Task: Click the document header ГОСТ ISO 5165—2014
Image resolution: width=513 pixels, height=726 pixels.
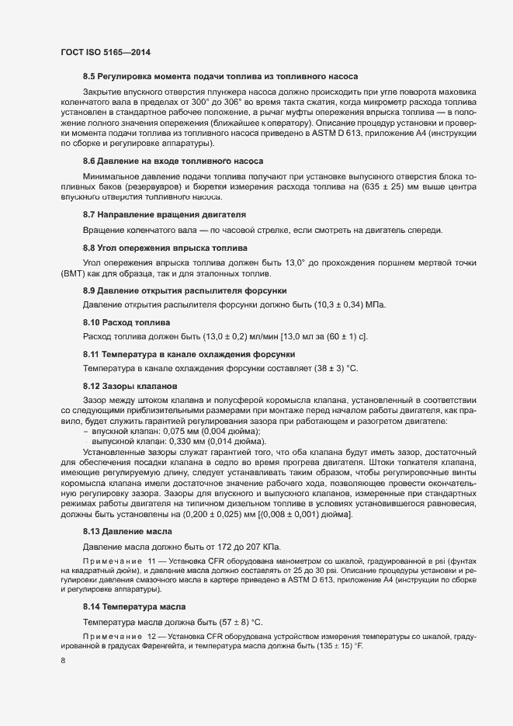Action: point(105,52)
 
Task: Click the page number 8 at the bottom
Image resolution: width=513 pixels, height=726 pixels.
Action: point(62,661)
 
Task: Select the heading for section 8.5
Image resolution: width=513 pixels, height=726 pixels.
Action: point(220,77)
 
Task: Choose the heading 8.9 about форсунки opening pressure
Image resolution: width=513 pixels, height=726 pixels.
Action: point(185,290)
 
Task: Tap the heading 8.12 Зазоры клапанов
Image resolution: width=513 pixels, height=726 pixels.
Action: point(130,386)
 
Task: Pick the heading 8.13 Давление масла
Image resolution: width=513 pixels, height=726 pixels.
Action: point(128,531)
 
